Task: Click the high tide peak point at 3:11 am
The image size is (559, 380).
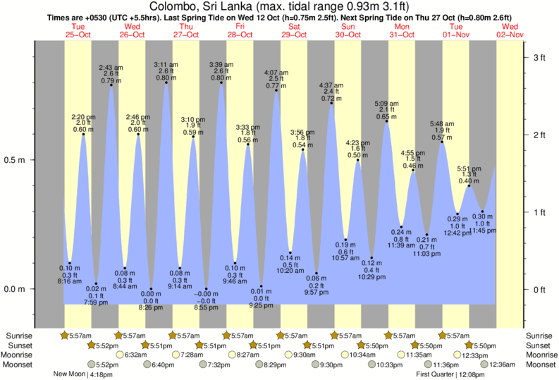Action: point(166,82)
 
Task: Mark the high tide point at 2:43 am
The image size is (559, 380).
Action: point(111,85)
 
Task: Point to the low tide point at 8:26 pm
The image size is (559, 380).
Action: point(151,289)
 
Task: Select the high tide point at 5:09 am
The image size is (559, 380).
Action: point(386,121)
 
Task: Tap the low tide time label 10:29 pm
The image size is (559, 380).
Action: point(372,278)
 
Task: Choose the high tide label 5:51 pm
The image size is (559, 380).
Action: point(469,169)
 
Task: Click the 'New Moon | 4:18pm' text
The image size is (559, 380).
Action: point(84,374)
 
